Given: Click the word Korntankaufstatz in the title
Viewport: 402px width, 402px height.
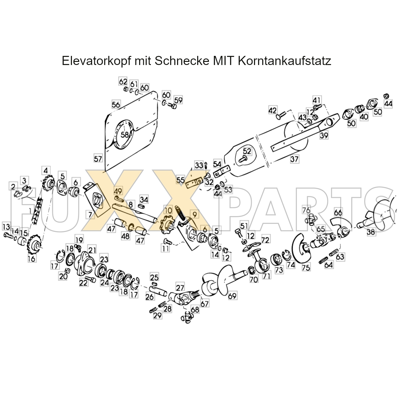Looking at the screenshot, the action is (x=284, y=61).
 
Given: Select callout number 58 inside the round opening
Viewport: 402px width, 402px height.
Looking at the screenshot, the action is (x=125, y=135).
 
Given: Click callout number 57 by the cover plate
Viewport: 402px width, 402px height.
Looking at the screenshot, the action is (x=98, y=159).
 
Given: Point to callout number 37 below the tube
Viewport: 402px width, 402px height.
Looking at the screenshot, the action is (x=294, y=159).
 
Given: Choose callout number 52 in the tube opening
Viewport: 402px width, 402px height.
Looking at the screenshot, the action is (x=247, y=151).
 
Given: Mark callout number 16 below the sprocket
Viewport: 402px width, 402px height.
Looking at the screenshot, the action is (x=32, y=259).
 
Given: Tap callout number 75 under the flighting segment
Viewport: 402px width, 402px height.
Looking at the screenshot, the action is (x=306, y=267).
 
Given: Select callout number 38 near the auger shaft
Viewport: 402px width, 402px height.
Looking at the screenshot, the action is (x=371, y=232).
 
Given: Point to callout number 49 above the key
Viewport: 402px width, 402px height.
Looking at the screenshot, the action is (x=118, y=191).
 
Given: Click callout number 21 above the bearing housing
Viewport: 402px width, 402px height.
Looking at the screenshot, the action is (x=92, y=250).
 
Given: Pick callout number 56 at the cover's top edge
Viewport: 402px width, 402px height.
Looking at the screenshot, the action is (x=116, y=105).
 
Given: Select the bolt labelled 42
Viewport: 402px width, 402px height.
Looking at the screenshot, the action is (x=281, y=116).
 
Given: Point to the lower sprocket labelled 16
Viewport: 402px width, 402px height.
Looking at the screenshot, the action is (x=34, y=244).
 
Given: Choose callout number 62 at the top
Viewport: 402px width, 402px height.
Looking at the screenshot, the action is (x=123, y=82).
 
